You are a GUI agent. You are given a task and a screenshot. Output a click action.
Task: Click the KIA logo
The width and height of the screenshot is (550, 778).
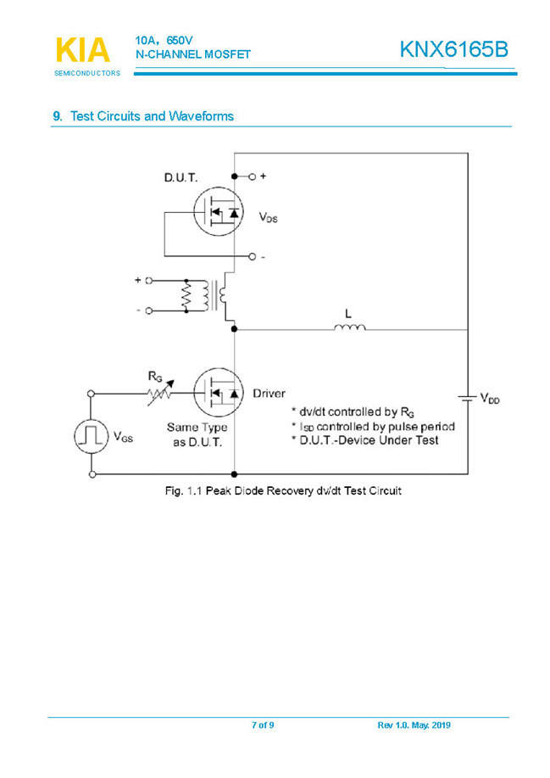pyautogui.click(x=82, y=51)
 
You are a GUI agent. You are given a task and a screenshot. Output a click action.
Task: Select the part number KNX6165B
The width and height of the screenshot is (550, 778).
pyautogui.click(x=453, y=50)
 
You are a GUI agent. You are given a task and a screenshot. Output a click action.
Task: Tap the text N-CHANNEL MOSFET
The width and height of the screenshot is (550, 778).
pyautogui.click(x=192, y=54)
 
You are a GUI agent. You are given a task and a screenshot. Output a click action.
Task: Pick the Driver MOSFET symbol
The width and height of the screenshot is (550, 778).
pyautogui.click(x=217, y=393)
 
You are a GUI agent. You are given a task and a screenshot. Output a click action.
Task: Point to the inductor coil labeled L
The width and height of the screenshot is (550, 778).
pyautogui.click(x=350, y=327)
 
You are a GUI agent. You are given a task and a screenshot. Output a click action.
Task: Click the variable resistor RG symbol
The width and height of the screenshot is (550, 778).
pyautogui.click(x=158, y=393)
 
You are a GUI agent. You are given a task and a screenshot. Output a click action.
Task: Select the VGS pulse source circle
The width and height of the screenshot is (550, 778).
pyautogui.click(x=91, y=435)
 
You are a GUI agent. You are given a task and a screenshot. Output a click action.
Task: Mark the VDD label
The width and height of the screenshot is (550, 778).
pyautogui.click(x=490, y=397)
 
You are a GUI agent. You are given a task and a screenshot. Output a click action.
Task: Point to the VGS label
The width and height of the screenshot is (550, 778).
pyautogui.click(x=122, y=438)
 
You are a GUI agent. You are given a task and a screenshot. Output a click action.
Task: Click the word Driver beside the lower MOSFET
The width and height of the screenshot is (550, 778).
pyautogui.click(x=269, y=394)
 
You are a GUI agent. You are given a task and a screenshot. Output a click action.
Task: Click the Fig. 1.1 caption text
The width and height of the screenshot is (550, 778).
pyautogui.click(x=282, y=491)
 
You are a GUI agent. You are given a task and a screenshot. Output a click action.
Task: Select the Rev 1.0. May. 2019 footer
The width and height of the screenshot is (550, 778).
pyautogui.click(x=414, y=725)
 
